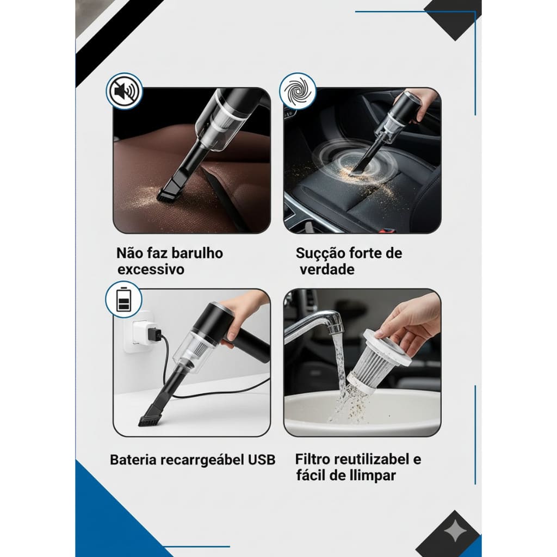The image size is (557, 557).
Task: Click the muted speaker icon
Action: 125,91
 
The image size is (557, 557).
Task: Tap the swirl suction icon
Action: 298,91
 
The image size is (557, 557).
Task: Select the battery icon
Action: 123,299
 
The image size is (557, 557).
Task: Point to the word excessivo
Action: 151,269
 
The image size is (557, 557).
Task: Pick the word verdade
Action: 327,269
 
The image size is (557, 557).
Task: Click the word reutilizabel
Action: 371,459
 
